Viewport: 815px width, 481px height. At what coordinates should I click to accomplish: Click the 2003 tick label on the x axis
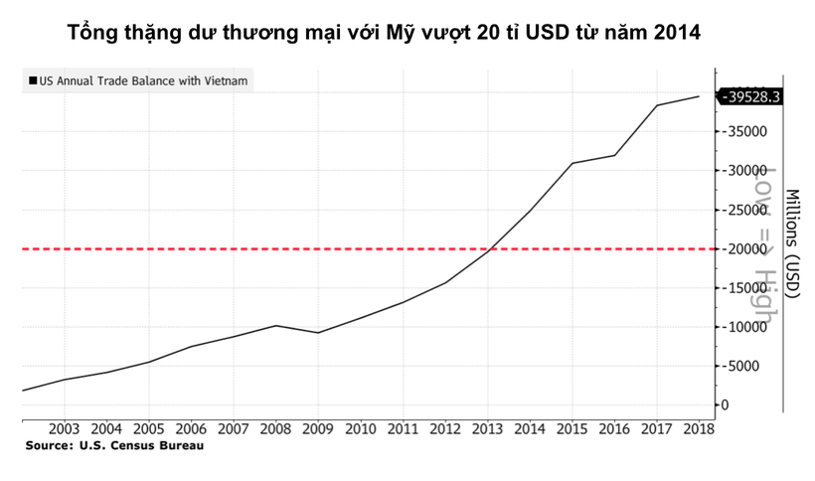pyautogui.click(x=64, y=428)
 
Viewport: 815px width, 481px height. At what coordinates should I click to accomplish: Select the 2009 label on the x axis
pyautogui.click(x=318, y=428)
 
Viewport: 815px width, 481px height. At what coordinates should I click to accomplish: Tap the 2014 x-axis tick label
pyautogui.click(x=530, y=428)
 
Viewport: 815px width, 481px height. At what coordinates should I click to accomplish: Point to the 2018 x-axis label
pyautogui.click(x=699, y=428)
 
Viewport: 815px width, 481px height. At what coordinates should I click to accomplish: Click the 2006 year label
pyautogui.click(x=191, y=428)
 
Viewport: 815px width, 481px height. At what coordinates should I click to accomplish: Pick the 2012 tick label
pyautogui.click(x=445, y=428)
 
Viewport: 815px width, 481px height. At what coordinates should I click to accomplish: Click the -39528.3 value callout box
pyautogui.click(x=754, y=96)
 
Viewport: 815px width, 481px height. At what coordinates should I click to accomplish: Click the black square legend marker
pyautogui.click(x=32, y=80)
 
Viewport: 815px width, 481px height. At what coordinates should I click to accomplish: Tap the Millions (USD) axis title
pyautogui.click(x=792, y=242)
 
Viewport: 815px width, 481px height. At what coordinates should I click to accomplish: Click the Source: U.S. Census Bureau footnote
pyautogui.click(x=114, y=446)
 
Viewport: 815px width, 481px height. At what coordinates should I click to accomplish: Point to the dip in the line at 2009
pyautogui.click(x=318, y=332)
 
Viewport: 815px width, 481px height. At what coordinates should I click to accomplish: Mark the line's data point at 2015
pyautogui.click(x=572, y=163)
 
